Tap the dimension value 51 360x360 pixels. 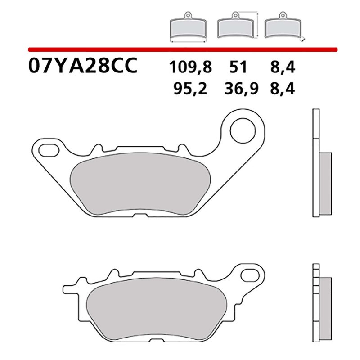pyautogui.click(x=238, y=69)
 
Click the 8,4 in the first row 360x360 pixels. pyautogui.click(x=283, y=69)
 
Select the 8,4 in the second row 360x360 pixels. pyautogui.click(x=283, y=89)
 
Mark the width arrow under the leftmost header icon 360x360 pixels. pyautogui.click(x=188, y=41)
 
